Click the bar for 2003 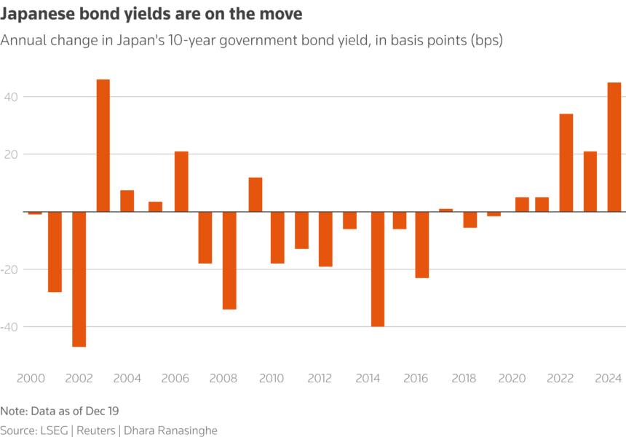click(x=103, y=146)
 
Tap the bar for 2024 click(x=614, y=147)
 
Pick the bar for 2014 click(x=377, y=269)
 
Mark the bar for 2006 click(x=181, y=181)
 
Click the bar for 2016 click(x=422, y=245)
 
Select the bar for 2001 click(x=55, y=251)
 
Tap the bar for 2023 click(x=590, y=181)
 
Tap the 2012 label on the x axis click(x=320, y=379)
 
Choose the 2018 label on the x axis click(x=464, y=379)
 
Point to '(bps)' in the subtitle click(x=483, y=40)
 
